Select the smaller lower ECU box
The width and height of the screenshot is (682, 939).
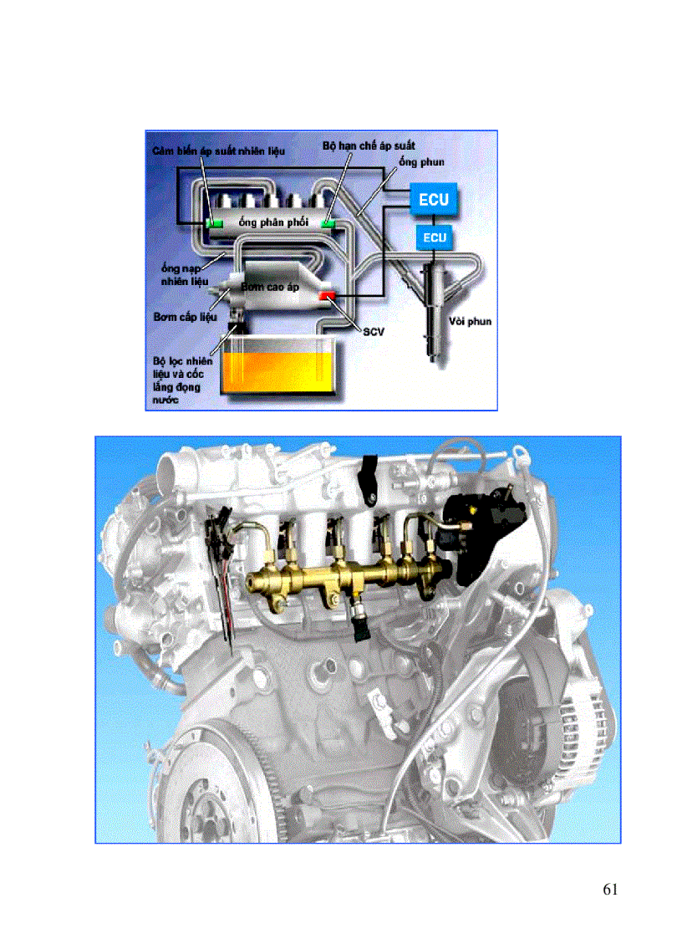(x=434, y=238)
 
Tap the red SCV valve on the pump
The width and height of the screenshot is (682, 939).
(x=326, y=297)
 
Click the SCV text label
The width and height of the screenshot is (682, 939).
(x=373, y=332)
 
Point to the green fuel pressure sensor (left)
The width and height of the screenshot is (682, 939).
(x=213, y=223)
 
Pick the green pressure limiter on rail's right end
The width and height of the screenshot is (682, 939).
(x=328, y=223)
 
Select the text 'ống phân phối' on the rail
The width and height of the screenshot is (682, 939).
(x=273, y=222)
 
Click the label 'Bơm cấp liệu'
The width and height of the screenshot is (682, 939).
(x=186, y=318)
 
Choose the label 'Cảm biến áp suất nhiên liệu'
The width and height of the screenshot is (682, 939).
(x=219, y=151)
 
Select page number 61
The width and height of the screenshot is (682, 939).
(x=609, y=889)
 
